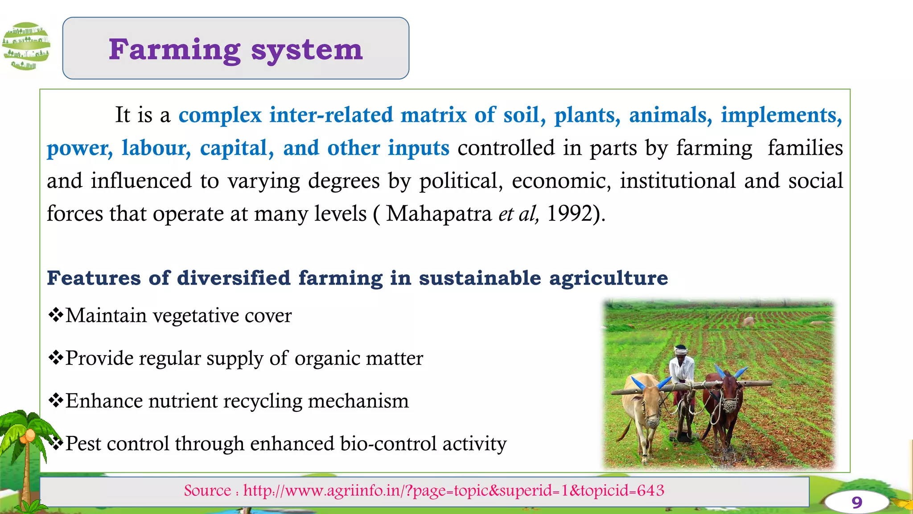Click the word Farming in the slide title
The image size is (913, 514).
(174, 50)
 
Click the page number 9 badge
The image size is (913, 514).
(856, 502)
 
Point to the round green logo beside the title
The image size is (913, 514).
(26, 46)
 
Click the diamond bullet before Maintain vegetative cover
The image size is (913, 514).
(56, 315)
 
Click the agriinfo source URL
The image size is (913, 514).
(453, 491)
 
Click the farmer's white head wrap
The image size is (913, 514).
(681, 350)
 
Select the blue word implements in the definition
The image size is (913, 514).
(781, 115)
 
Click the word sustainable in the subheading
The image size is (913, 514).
(480, 278)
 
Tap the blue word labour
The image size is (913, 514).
(156, 148)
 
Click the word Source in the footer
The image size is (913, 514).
(207, 491)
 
